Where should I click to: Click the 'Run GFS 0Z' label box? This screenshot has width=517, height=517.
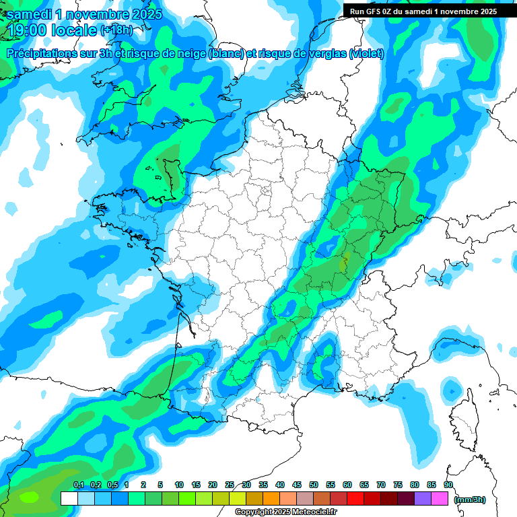pos(421,11)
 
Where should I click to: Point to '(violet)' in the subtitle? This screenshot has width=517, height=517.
pos(367,54)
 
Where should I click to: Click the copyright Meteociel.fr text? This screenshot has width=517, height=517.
pos(286,512)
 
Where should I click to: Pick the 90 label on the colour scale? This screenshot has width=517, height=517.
pos(448,485)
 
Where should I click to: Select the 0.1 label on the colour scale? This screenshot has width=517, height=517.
pos(78,485)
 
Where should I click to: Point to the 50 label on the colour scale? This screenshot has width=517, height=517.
pos(314,485)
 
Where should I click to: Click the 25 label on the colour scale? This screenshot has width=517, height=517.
pos(230,485)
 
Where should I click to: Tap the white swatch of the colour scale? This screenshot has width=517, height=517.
pos(69,498)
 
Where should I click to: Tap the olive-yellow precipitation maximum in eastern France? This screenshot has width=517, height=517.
pos(344,264)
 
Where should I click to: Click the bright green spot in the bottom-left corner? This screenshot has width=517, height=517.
pos(29,497)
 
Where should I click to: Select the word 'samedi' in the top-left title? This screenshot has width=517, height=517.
pos(28,14)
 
